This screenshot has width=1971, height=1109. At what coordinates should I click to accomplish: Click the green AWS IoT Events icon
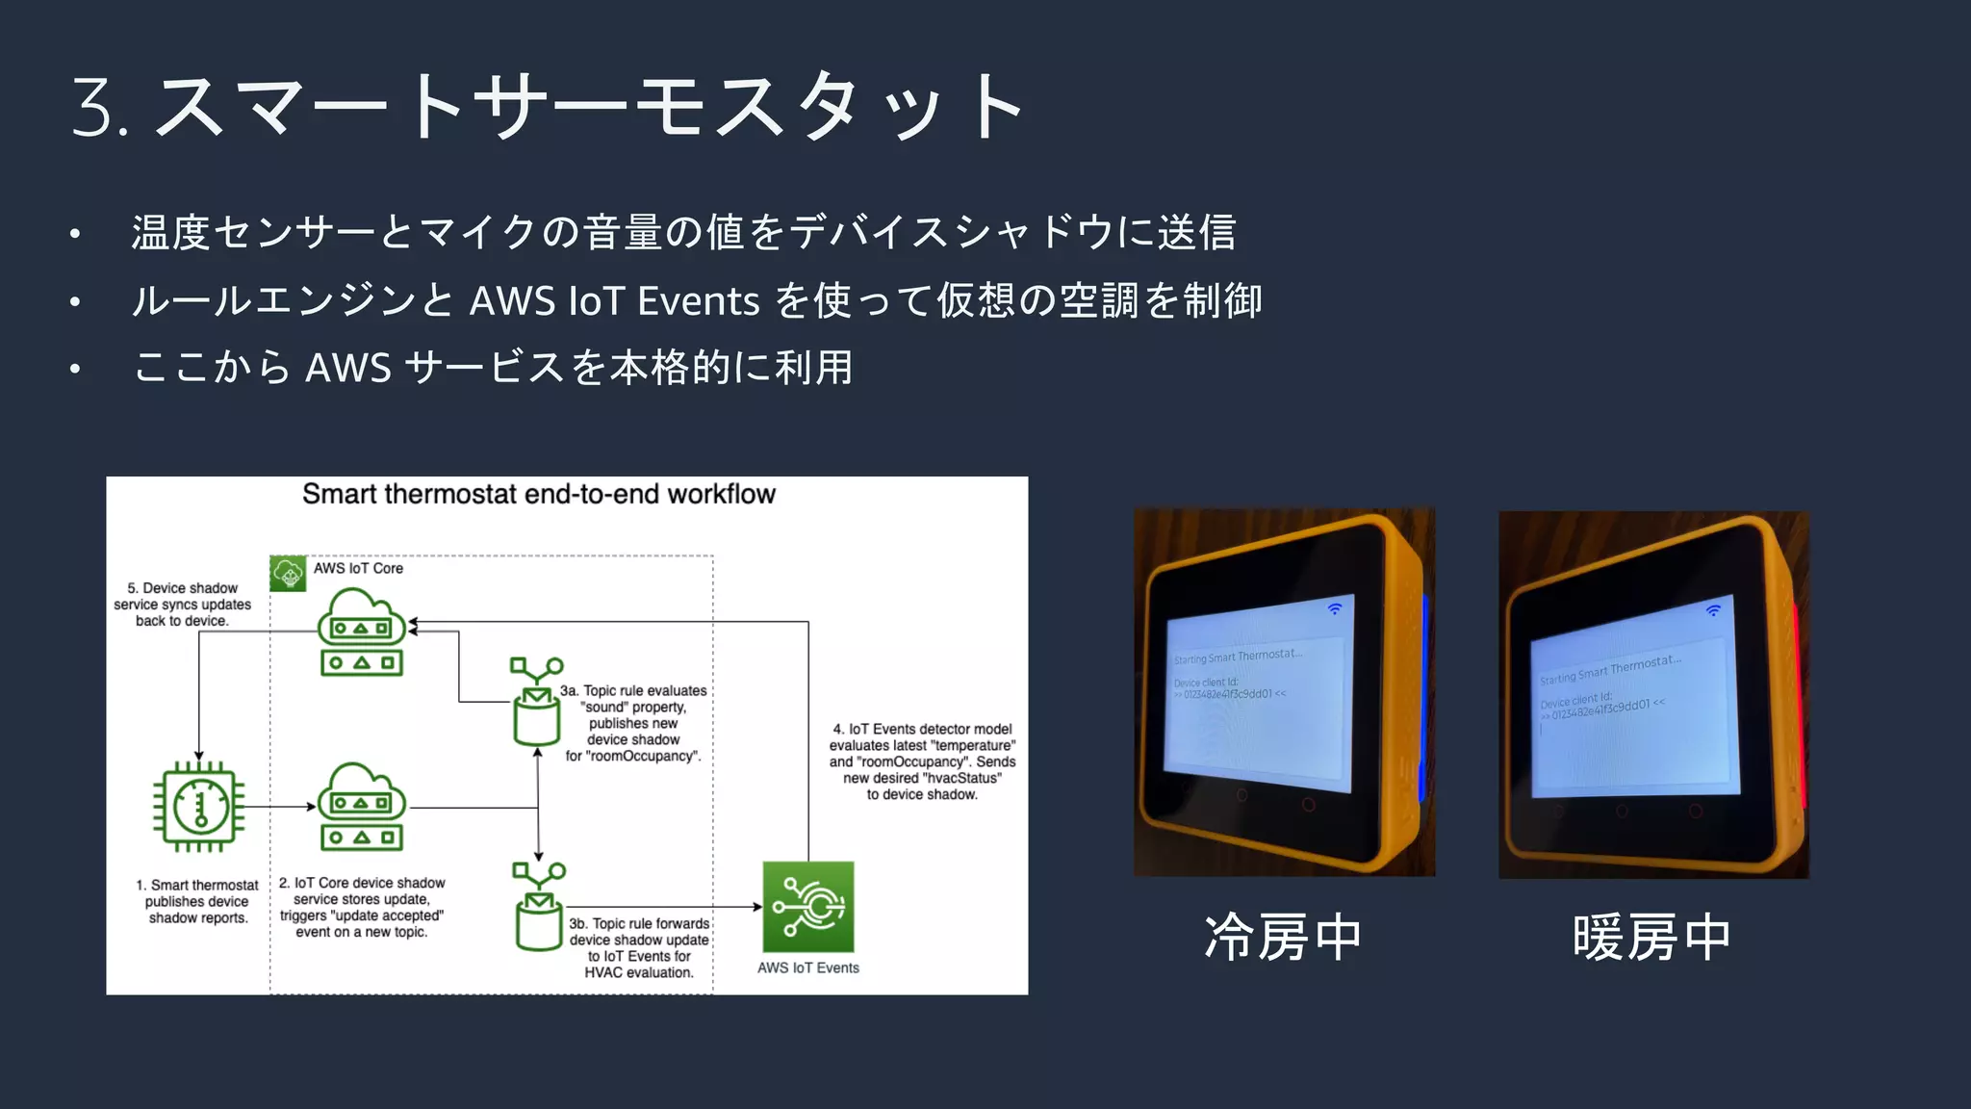pyautogui.click(x=807, y=907)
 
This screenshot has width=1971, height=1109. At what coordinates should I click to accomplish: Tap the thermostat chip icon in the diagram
pyautogui.click(x=199, y=807)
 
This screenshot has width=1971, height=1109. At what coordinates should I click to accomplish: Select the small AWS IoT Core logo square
pyautogui.click(x=288, y=573)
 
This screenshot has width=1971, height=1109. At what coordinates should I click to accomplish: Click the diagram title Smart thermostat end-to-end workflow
pyautogui.click(x=538, y=494)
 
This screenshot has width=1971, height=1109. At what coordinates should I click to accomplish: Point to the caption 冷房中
pyautogui.click(x=1283, y=938)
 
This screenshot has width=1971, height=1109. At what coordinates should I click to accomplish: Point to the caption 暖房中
pyautogui.click(x=1651, y=938)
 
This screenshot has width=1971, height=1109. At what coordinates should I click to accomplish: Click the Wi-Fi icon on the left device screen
pyautogui.click(x=1335, y=608)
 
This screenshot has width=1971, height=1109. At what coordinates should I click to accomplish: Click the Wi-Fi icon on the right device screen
pyautogui.click(x=1713, y=610)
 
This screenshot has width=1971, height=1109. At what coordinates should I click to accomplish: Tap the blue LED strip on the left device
pyautogui.click(x=1424, y=698)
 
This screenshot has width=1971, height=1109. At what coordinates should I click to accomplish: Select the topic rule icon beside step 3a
pyautogui.click(x=536, y=702)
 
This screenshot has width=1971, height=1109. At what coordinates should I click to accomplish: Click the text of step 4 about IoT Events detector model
pyautogui.click(x=922, y=761)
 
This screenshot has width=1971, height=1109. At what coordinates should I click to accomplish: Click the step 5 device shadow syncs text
pyautogui.click(x=183, y=605)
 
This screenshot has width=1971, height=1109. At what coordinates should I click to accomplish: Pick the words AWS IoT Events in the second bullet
pyautogui.click(x=614, y=301)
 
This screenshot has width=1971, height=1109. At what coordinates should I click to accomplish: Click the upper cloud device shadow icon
pyautogui.click(x=361, y=632)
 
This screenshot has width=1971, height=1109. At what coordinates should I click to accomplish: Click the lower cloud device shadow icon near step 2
pyautogui.click(x=361, y=807)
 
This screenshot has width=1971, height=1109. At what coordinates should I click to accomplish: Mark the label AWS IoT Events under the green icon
pyautogui.click(x=807, y=967)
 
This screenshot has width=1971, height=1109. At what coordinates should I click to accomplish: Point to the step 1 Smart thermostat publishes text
pyautogui.click(x=197, y=901)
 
